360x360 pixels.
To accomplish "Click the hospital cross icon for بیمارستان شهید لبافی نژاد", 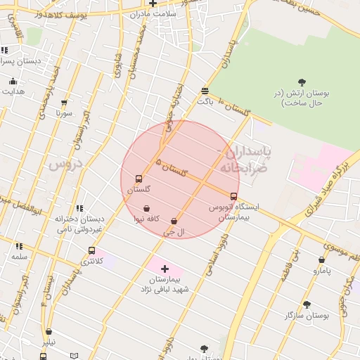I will click(x=165, y=269).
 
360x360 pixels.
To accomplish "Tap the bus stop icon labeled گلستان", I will click(x=139, y=179).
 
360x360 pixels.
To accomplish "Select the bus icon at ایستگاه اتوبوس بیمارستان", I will click(x=234, y=196).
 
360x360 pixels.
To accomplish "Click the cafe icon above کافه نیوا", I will click(x=146, y=208).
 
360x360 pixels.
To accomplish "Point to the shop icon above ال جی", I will click(x=174, y=221).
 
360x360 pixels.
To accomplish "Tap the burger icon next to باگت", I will click(x=205, y=91).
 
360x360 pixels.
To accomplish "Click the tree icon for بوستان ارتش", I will click(x=302, y=82).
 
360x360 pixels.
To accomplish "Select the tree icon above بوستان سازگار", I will click(x=307, y=304).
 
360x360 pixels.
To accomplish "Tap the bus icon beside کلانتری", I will click(x=91, y=250).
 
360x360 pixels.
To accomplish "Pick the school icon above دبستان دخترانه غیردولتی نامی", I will click(x=79, y=208).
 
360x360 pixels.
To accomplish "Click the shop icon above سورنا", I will click(x=65, y=103).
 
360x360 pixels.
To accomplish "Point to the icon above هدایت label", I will click(x=13, y=82).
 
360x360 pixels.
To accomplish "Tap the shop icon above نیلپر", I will click(x=49, y=331).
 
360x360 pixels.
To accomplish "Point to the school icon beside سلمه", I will click(x=19, y=246).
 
